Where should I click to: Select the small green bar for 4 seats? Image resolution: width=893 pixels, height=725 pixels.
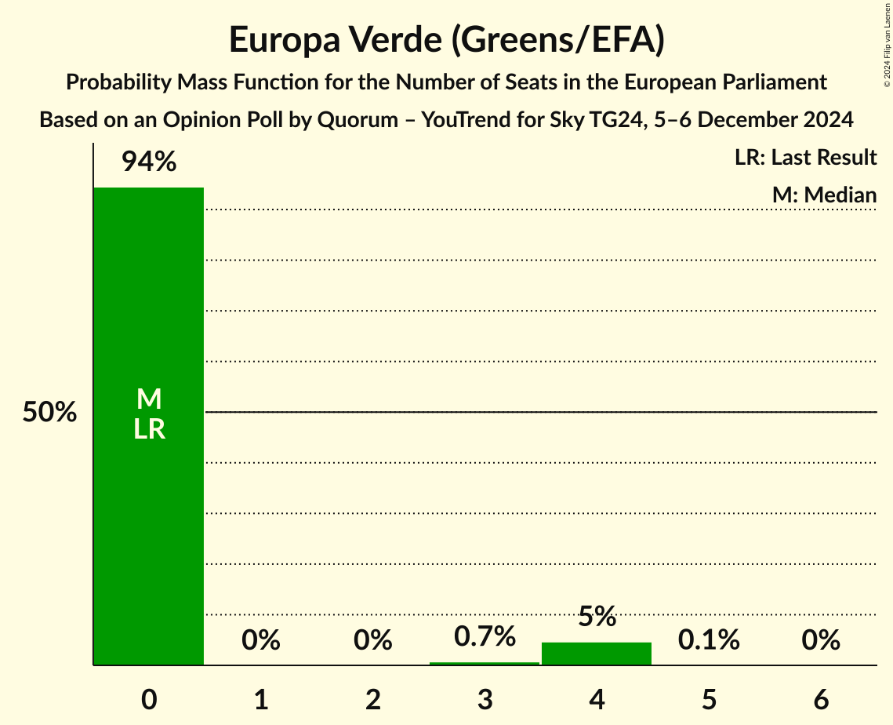click(597, 654)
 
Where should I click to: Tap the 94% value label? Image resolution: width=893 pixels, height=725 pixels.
click(148, 162)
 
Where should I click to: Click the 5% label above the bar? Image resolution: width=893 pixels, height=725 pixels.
click(597, 616)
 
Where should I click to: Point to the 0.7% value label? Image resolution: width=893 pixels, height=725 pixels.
click(485, 636)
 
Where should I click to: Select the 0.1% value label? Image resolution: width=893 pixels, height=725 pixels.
click(709, 640)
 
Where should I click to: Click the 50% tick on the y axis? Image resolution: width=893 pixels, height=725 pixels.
click(49, 412)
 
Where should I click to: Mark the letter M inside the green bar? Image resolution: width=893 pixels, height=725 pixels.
click(148, 399)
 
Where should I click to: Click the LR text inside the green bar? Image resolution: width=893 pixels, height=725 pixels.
click(148, 429)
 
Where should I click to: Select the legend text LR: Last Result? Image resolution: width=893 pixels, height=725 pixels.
click(805, 158)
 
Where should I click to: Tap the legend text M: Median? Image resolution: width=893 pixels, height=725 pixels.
click(824, 195)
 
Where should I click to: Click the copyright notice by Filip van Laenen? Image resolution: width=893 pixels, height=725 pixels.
click(887, 43)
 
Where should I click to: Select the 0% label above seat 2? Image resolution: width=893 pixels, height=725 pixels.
click(372, 640)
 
